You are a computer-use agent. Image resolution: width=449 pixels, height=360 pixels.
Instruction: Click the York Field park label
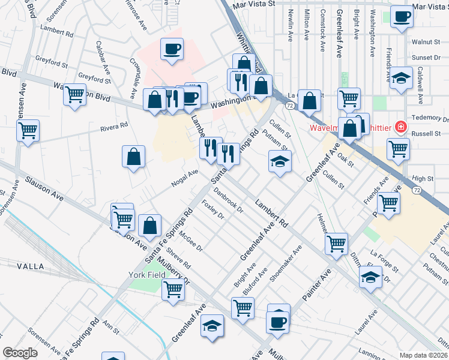pyautogui.click(x=146, y=275)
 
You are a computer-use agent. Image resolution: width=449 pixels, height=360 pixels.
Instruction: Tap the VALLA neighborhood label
pyautogui.click(x=30, y=266)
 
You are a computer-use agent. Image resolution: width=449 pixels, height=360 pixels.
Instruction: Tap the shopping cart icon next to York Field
pyautogui.click(x=173, y=290)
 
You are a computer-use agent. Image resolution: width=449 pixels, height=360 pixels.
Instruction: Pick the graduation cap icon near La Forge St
pyautogui.click(x=370, y=277)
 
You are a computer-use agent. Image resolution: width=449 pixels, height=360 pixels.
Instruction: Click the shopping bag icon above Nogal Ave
pyautogui.click(x=133, y=157)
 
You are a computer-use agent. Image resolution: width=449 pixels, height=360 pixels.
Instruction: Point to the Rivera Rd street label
pyautogui.click(x=115, y=127)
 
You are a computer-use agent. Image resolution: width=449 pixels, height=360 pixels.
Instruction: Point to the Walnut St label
pyautogui.click(x=427, y=43)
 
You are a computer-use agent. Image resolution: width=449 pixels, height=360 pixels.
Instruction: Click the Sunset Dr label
pyautogui.click(x=426, y=58)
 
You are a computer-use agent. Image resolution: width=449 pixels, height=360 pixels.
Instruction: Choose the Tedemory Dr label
pyautogui.click(x=426, y=118)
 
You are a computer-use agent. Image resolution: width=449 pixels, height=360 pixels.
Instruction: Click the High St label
pyautogui.click(x=423, y=179)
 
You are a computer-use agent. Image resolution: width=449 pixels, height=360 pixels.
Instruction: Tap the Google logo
pyautogui.click(x=20, y=353)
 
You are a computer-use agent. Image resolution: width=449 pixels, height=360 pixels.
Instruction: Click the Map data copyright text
pyautogui.click(x=423, y=355)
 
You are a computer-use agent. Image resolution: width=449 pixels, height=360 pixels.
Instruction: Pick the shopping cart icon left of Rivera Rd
pyautogui.click(x=28, y=130)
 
